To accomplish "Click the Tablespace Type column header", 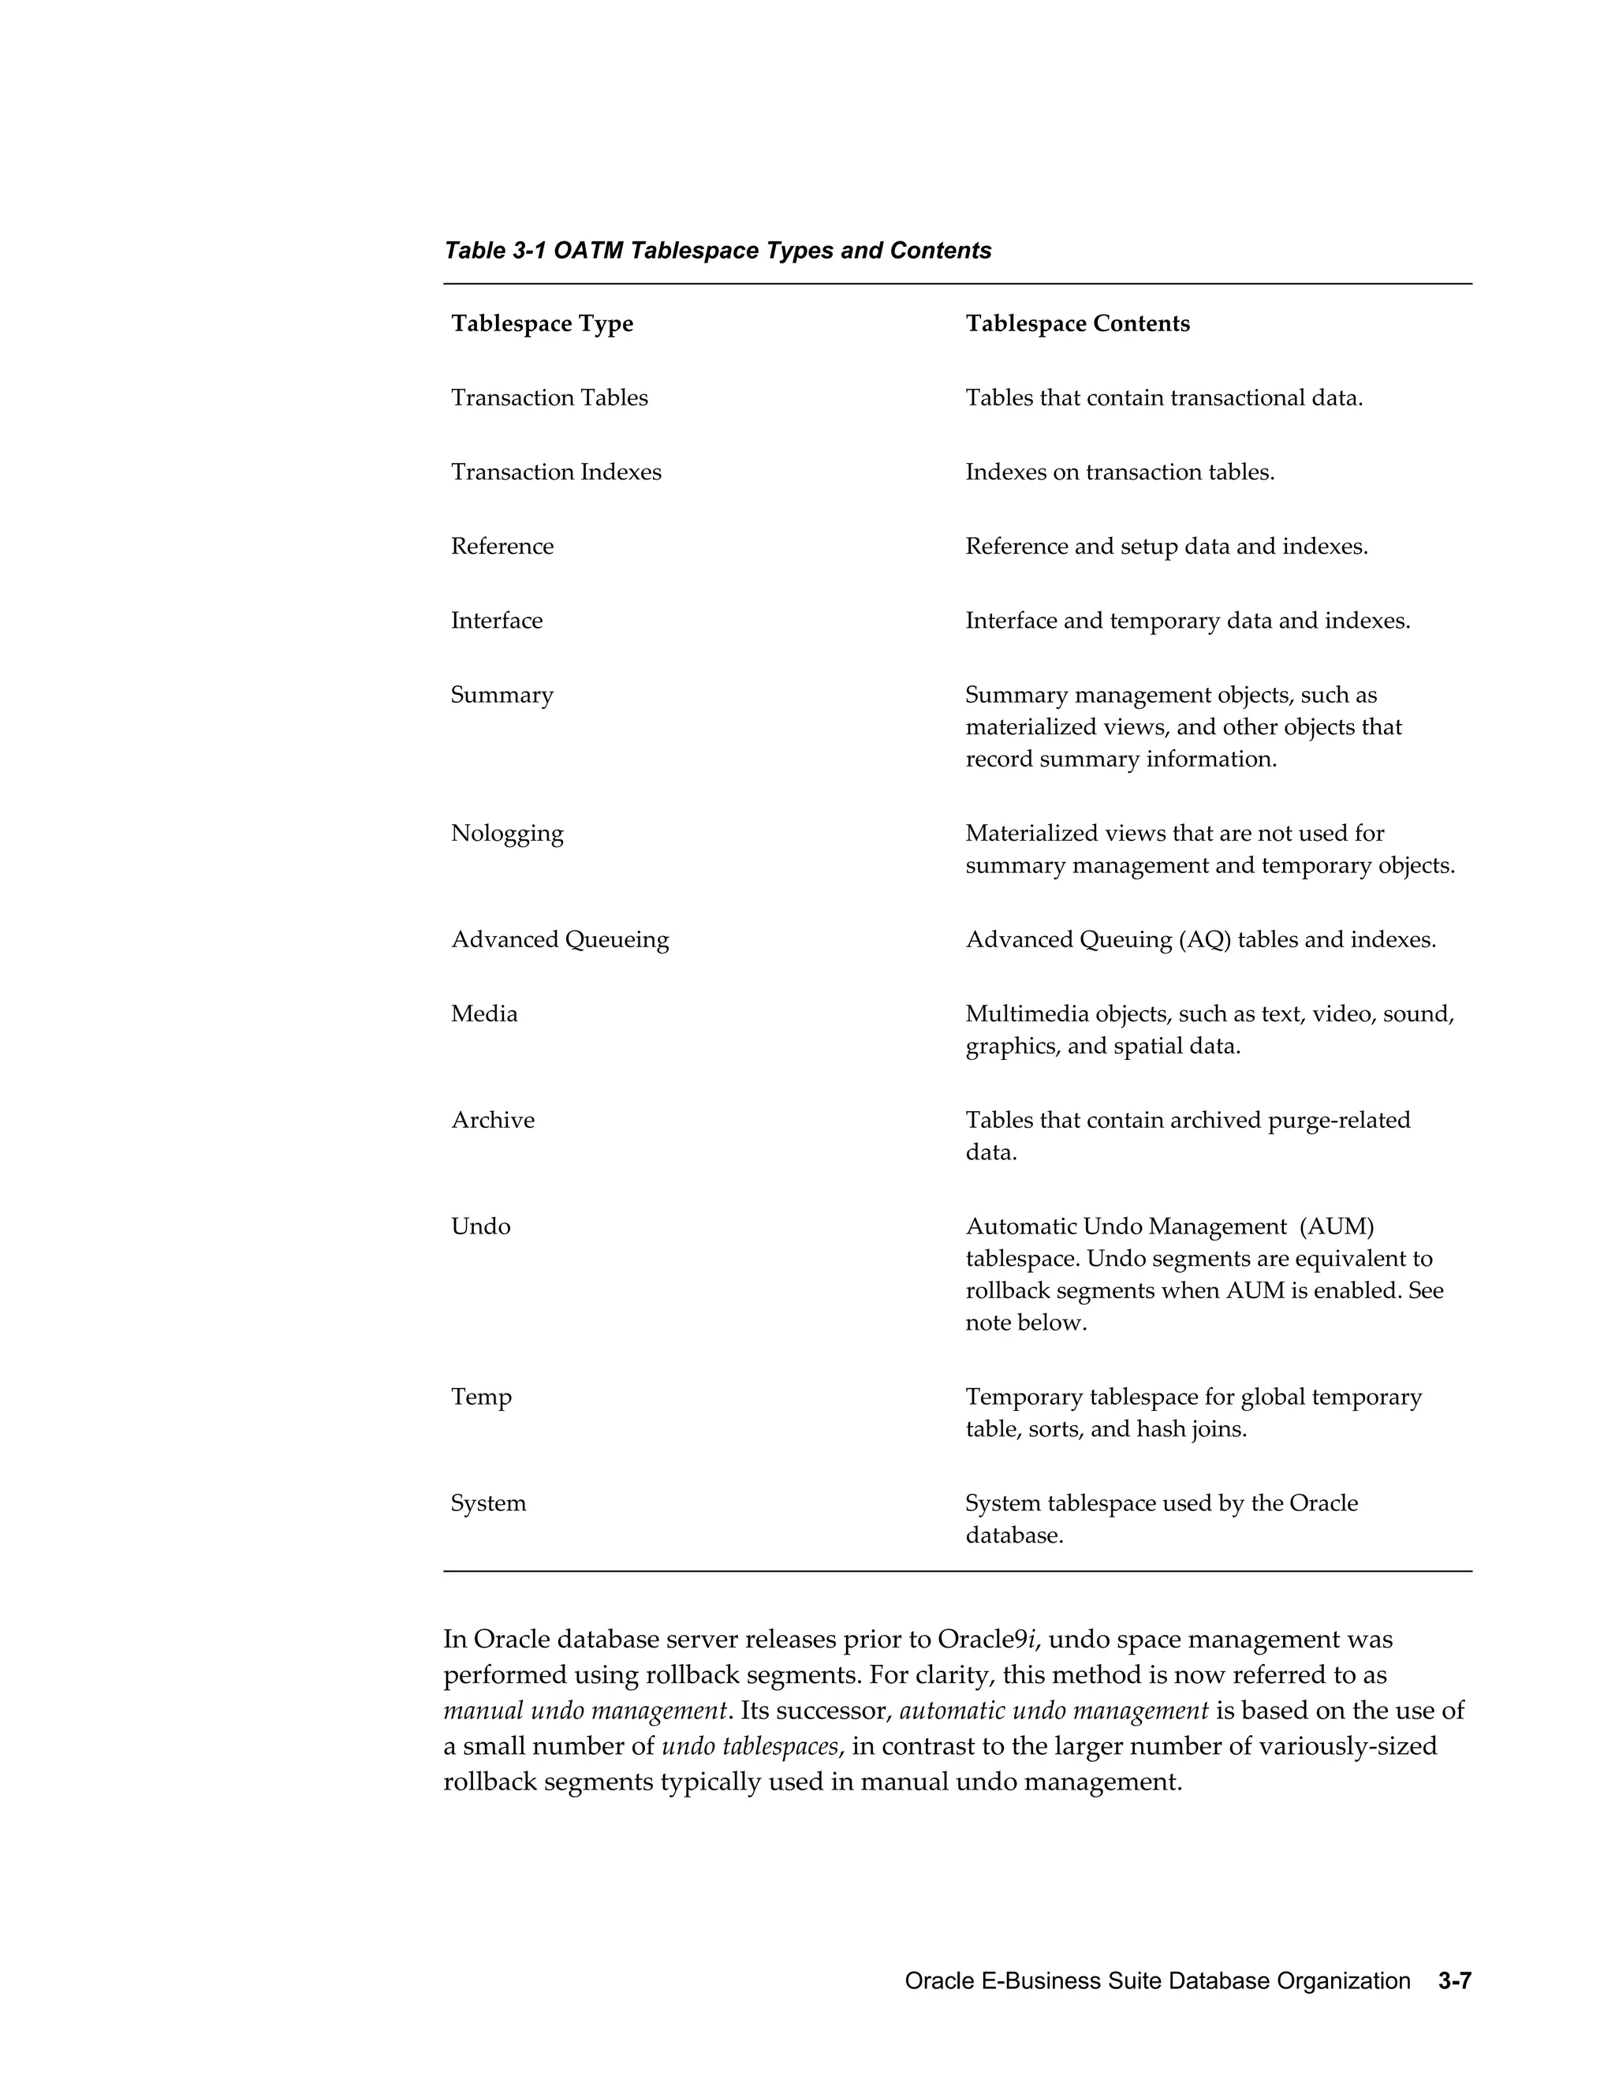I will tap(542, 323).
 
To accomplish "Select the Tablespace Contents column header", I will tap(1077, 323).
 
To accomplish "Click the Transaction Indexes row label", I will tap(556, 472).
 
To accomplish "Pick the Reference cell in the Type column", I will tap(502, 547).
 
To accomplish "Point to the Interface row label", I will tap(497, 620).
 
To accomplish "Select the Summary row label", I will tap(502, 695).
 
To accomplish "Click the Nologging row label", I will tap(507, 833).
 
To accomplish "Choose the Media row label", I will tap(484, 1013).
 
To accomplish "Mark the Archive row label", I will tap(493, 1120).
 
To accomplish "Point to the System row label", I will tap(488, 1502).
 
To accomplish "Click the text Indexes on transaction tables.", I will tap(1120, 472).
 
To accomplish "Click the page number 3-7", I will tap(1453, 1981).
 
